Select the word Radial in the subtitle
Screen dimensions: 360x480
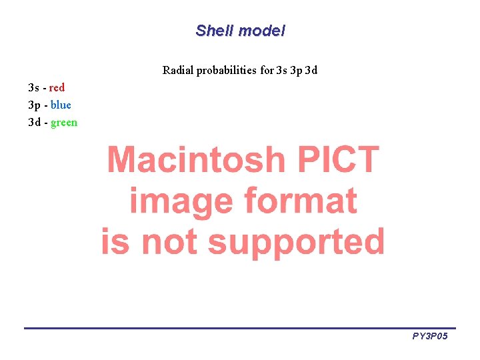click(178, 70)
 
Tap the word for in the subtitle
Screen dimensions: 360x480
click(266, 70)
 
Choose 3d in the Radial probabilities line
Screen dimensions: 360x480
click(311, 70)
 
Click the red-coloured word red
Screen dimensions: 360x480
click(57, 87)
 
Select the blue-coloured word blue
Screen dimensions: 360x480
click(61, 105)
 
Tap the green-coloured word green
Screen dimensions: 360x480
click(64, 123)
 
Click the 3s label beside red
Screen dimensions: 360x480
click(33, 87)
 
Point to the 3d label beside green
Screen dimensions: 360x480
click(34, 123)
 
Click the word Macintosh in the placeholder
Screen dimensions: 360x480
click(196, 160)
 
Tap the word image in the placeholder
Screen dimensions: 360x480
click(181, 201)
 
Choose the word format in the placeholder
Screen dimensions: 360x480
click(301, 201)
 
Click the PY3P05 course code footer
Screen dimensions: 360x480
click(429, 337)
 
